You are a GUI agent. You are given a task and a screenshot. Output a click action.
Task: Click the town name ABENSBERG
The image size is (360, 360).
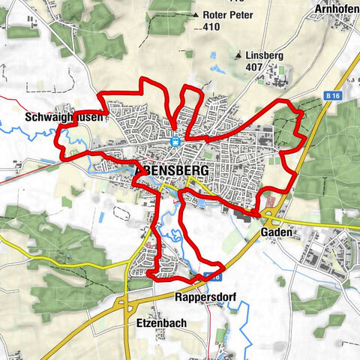pyautogui.click(x=175, y=170)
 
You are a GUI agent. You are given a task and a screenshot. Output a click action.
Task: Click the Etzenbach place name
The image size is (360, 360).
pyautogui.click(x=161, y=323)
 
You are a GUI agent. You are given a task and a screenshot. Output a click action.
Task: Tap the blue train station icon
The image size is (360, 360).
pyautogui.click(x=175, y=139)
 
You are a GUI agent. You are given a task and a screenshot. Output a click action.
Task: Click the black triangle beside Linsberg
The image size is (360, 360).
pyautogui.click(x=238, y=55)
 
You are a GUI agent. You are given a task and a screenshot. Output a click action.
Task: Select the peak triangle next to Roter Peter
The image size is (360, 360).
pyautogui.click(x=196, y=13)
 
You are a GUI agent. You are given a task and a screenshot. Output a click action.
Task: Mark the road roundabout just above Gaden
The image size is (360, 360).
pyautogui.click(x=268, y=214)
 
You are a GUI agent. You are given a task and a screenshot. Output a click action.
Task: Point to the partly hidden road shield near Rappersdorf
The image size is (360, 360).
pyautogui.click(x=199, y=279)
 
